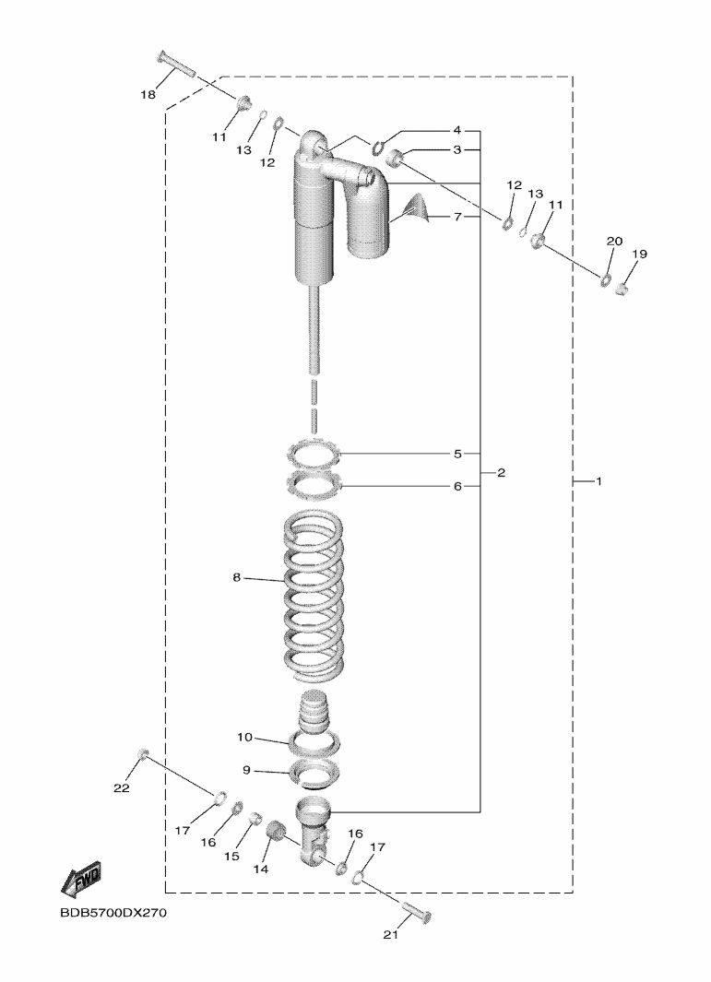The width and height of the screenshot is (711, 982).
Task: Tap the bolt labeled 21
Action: tap(418, 915)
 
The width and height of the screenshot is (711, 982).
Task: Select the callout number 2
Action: tap(501, 473)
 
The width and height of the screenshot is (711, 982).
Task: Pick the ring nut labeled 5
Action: tap(313, 454)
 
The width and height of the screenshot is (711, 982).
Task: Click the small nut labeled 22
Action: tap(143, 755)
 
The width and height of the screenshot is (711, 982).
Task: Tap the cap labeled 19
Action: tap(622, 290)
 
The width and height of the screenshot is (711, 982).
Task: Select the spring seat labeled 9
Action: tap(314, 771)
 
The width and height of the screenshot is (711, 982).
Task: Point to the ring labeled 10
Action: tap(314, 739)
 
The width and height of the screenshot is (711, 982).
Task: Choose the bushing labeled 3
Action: tap(397, 160)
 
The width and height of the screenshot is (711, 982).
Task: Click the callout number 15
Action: tap(231, 856)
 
